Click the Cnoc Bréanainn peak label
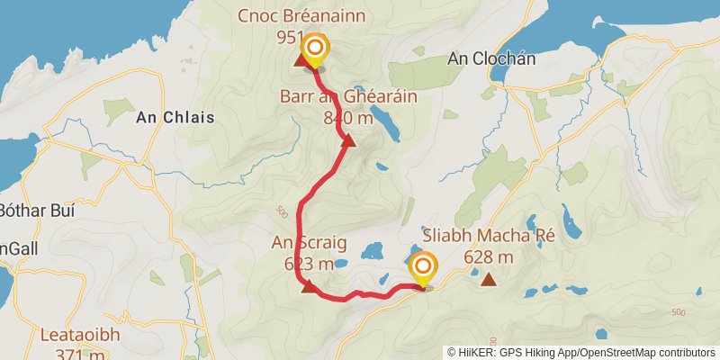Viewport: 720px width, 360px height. point(302,15)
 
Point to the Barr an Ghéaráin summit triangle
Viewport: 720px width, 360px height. point(348,139)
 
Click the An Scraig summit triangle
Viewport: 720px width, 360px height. point(309,286)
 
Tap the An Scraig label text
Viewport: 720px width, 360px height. point(302,242)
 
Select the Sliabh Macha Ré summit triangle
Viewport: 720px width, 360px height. point(489,280)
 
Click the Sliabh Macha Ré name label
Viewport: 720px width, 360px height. point(489,238)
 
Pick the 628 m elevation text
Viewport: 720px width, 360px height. point(489,258)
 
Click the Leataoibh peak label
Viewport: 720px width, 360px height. point(80,335)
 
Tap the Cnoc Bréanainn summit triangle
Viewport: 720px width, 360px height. point(300,61)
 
